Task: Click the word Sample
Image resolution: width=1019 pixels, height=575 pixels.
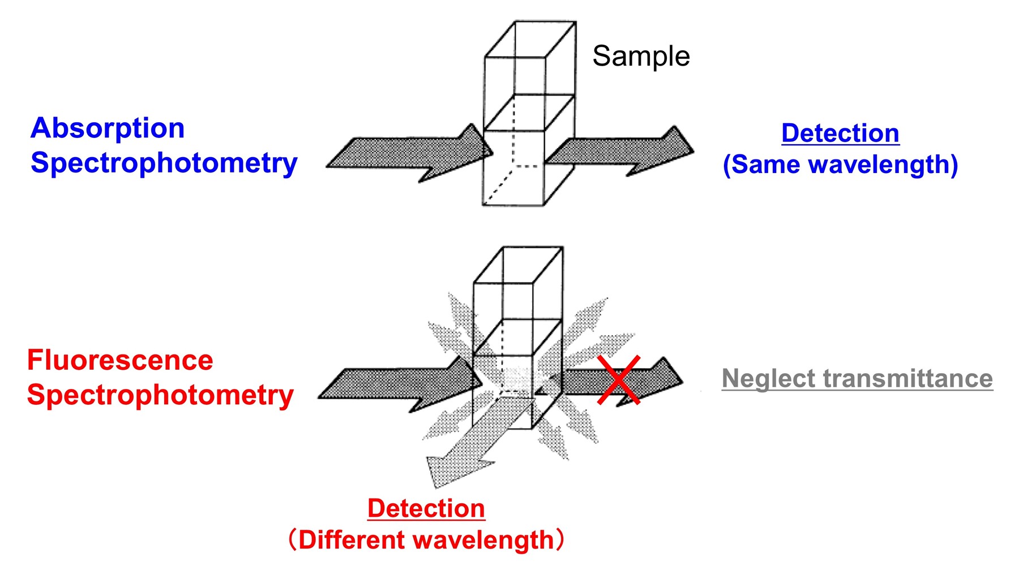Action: tap(641, 56)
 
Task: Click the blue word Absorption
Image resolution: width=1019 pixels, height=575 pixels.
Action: tap(108, 128)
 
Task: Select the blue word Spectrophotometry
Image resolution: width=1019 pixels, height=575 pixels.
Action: tap(164, 163)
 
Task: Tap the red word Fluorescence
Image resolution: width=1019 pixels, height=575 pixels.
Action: tap(120, 360)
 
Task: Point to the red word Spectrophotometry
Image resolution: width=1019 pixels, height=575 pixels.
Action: tap(160, 395)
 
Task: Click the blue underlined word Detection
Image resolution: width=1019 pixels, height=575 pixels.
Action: tap(840, 133)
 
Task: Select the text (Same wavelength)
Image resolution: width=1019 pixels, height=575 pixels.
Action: tap(840, 165)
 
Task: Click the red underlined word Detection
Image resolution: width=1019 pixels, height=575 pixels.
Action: tap(426, 508)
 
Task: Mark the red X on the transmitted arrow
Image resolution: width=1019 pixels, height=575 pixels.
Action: tap(618, 380)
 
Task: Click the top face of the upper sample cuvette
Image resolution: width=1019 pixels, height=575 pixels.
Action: tap(530, 39)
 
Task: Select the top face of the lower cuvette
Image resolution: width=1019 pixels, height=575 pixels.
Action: tap(518, 265)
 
